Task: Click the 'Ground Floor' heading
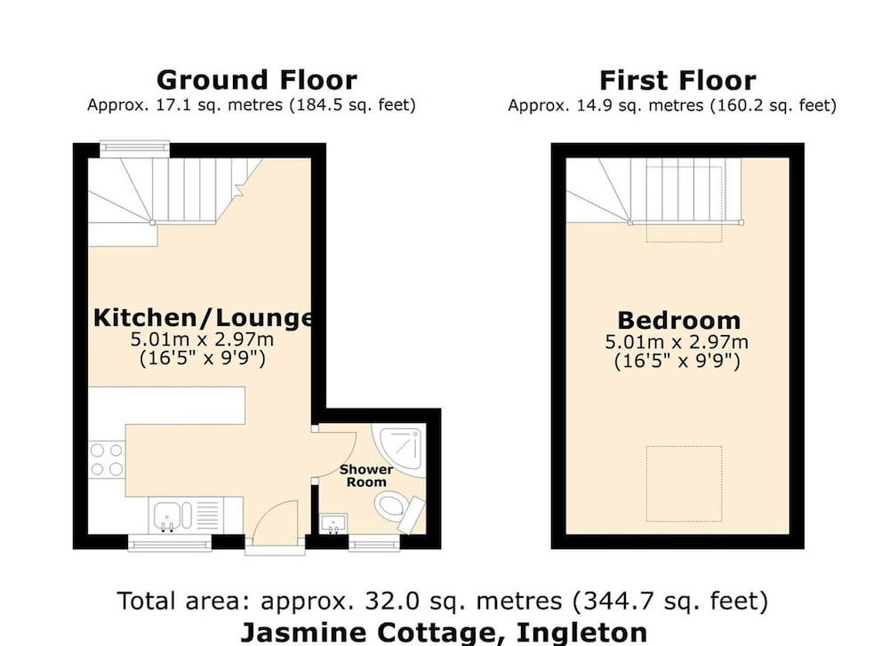(257, 80)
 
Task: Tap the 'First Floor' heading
(677, 81)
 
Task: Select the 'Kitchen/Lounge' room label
(203, 317)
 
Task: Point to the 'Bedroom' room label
(678, 320)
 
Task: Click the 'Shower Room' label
(366, 476)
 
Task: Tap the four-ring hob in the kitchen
(108, 459)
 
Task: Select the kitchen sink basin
(167, 516)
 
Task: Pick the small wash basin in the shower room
(334, 523)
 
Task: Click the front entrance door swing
(275, 524)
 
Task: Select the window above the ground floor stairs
(135, 148)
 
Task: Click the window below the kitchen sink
(169, 543)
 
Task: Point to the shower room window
(374, 543)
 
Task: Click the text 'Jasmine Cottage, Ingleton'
(444, 633)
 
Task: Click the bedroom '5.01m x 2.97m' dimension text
(677, 342)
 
